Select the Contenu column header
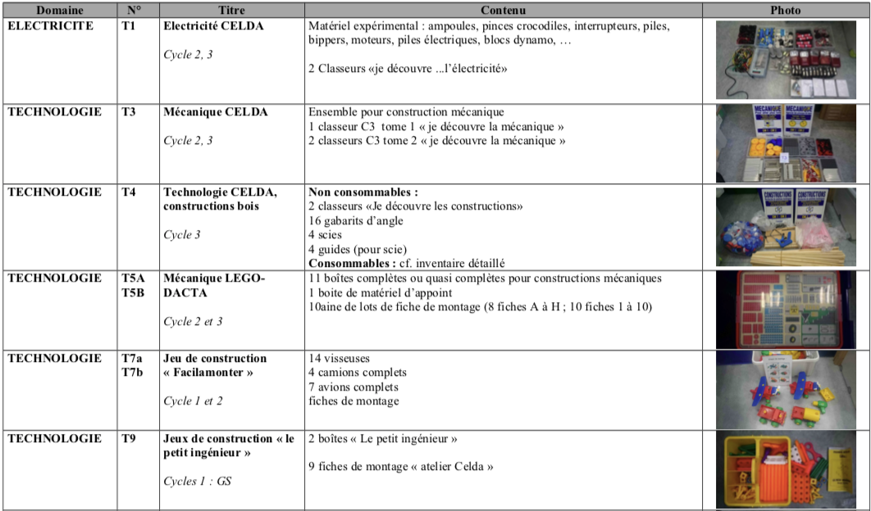pos(504,11)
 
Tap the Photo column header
pos(785,11)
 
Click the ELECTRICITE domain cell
pos(50,26)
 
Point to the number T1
pos(129,26)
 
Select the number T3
pos(129,111)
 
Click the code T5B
pos(133,292)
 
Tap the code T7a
pos(132,359)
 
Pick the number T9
pos(129,439)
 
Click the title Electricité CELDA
pos(213,26)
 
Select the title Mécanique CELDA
pos(216,111)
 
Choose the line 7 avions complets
pos(353,387)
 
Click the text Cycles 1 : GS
pos(197,482)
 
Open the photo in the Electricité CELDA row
pos(785,60)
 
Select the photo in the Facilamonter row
pos(785,390)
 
